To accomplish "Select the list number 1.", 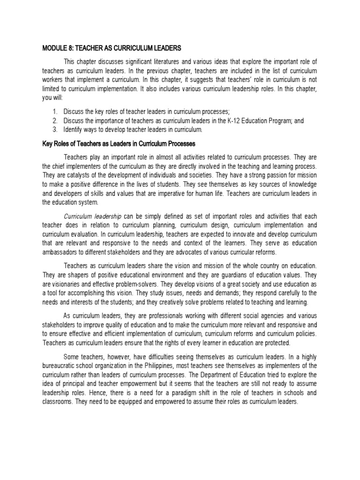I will click(x=54, y=112).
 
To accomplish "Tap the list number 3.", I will click(x=54, y=129).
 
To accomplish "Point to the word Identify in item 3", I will click(x=75, y=129).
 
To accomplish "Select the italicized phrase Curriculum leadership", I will click(x=92, y=216).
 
